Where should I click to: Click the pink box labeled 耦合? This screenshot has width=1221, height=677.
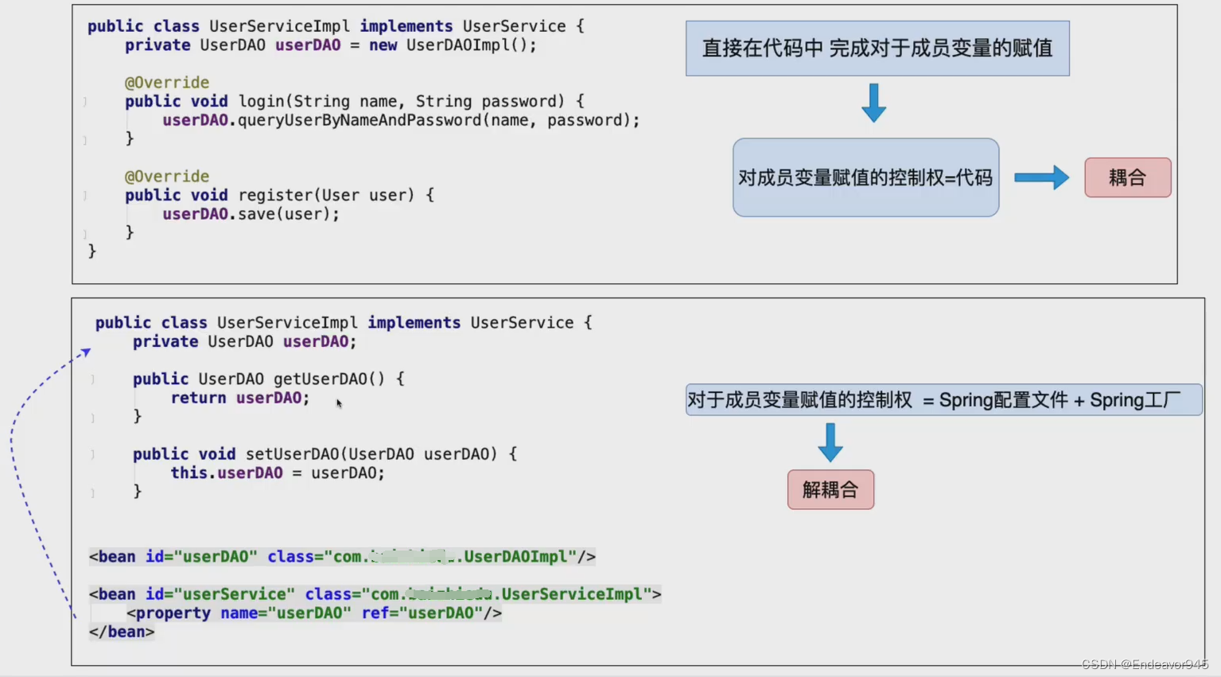point(1127,177)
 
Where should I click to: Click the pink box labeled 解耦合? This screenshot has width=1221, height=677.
point(830,489)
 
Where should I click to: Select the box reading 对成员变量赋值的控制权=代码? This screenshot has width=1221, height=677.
point(865,177)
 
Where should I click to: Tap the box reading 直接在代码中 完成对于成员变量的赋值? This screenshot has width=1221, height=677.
point(877,49)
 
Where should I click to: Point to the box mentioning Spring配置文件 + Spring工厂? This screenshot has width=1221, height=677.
point(943,399)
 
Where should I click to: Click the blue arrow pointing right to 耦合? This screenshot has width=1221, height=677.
point(1041,177)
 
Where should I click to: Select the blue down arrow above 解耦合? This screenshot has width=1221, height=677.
point(830,442)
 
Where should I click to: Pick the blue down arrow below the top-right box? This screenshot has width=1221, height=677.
point(873,103)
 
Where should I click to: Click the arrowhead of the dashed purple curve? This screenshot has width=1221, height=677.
point(86,351)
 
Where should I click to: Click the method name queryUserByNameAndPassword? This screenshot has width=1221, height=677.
point(361,120)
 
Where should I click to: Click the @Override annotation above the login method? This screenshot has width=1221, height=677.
point(167,83)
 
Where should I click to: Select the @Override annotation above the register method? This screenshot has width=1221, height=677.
point(167,177)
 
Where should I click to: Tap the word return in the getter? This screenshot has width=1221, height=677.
point(198,398)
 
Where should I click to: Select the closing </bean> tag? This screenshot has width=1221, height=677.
point(122,632)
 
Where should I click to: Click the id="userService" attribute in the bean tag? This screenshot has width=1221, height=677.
point(220,594)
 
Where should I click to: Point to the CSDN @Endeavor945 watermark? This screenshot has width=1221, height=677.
point(1144,664)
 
